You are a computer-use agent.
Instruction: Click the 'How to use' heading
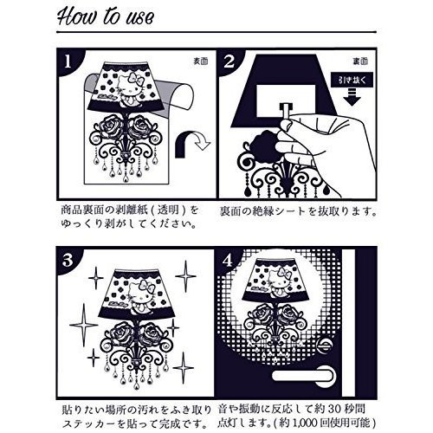click(x=106, y=16)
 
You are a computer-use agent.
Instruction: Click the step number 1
click(x=68, y=61)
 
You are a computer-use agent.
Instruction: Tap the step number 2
click(x=229, y=61)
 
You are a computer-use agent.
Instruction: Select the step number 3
click(x=68, y=261)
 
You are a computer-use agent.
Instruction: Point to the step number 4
click(x=228, y=261)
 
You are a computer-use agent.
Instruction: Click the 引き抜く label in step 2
click(x=352, y=80)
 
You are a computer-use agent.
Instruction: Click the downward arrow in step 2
click(x=352, y=97)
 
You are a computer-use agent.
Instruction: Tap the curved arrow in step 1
click(x=192, y=143)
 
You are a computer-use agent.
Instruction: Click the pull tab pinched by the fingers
click(x=286, y=111)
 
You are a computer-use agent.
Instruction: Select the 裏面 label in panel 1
click(x=201, y=61)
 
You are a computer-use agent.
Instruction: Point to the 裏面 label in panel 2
click(x=360, y=61)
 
